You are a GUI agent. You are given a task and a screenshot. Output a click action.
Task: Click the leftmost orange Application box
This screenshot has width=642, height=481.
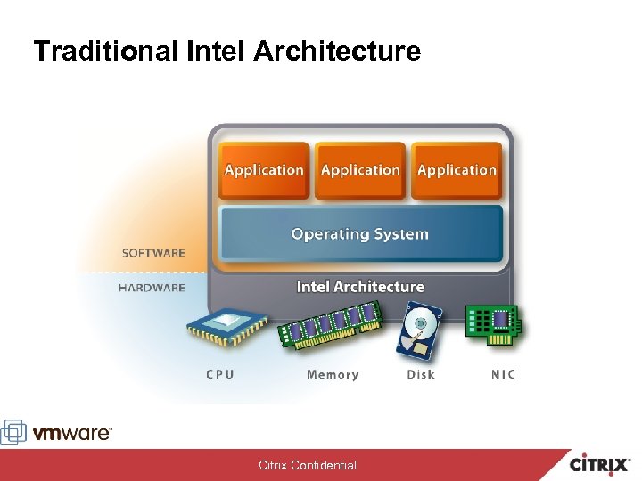point(264,170)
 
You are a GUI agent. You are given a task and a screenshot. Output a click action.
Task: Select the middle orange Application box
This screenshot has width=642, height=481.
point(360,170)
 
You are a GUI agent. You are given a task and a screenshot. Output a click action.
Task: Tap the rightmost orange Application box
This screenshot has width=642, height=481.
point(457,170)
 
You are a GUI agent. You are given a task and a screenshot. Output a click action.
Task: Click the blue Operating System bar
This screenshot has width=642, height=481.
point(360,234)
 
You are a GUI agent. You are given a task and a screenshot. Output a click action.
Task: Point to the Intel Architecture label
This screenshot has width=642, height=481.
point(360,287)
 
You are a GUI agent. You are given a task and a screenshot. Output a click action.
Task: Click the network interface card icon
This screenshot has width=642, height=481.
point(494,323)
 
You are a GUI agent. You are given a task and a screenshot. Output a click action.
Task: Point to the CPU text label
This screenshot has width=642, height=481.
point(220,375)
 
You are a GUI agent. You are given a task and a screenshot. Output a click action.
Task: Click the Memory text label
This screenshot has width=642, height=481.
point(333,375)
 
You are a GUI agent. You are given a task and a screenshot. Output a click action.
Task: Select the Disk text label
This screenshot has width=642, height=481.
point(421,375)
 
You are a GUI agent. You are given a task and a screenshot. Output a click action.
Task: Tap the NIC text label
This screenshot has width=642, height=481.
point(503,375)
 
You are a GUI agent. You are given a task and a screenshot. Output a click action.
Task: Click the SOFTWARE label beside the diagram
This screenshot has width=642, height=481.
point(153,253)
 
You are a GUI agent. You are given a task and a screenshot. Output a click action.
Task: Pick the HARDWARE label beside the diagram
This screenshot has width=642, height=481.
point(152,288)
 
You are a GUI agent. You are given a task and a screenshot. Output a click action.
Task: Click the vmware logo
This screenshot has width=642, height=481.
point(59,433)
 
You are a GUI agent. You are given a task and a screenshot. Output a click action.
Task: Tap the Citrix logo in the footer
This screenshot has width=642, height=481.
point(603,464)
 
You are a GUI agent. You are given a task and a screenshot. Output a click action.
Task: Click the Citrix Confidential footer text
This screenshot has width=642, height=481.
point(308,465)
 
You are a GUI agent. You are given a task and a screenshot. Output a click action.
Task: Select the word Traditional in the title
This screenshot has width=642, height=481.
point(106,51)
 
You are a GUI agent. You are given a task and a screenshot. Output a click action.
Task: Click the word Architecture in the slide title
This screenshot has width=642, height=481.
point(336,51)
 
